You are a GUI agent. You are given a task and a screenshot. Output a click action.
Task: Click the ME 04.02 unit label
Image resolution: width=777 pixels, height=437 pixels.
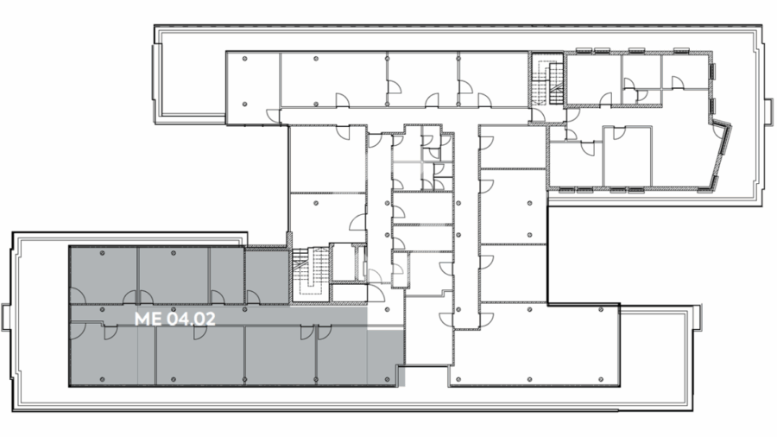(x=175, y=319)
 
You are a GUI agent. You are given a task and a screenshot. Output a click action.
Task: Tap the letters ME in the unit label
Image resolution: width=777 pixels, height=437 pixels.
(x=148, y=319)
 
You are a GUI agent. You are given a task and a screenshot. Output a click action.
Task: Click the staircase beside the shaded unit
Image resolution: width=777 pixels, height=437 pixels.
(x=310, y=273)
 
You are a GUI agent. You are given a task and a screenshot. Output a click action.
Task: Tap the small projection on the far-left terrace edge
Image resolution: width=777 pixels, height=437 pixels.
(x=5, y=318)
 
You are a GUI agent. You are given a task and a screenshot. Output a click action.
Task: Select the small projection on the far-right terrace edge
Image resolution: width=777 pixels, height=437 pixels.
(x=768, y=112)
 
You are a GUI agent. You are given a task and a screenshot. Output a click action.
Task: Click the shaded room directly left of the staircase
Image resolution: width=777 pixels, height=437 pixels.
(x=267, y=277)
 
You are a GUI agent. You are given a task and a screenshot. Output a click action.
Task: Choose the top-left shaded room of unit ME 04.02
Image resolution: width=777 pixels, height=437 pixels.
(x=103, y=275)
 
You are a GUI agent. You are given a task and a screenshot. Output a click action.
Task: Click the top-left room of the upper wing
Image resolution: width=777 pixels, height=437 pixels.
(x=253, y=79)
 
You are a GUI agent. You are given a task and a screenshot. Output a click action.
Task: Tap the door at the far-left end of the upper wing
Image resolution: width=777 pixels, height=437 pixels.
(x=273, y=116)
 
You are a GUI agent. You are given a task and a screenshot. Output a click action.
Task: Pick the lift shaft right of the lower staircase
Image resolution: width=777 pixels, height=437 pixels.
(x=347, y=263)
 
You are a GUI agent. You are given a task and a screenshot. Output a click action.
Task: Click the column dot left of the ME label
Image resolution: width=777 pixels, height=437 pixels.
(x=103, y=310)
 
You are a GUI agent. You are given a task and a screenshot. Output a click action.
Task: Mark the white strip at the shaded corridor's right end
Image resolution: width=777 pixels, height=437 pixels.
(x=385, y=328)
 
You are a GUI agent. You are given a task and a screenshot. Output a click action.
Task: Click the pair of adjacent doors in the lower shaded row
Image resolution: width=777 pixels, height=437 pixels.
(x=316, y=332)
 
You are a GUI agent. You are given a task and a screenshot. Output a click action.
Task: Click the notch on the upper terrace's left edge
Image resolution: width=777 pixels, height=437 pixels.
(x=157, y=79)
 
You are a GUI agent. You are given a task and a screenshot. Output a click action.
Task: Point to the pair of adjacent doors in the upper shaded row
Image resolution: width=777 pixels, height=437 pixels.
(x=138, y=297)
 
